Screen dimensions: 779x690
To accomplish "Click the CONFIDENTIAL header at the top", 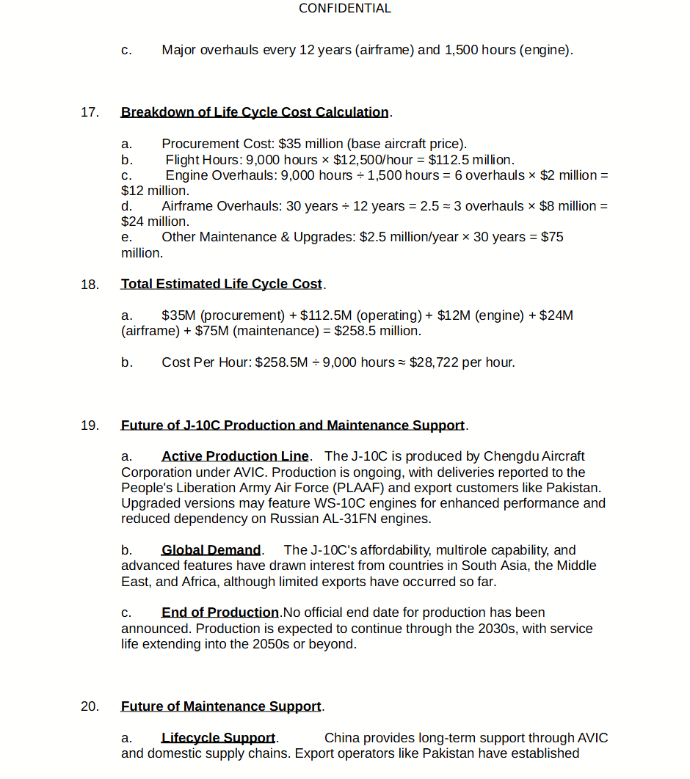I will coord(345,9).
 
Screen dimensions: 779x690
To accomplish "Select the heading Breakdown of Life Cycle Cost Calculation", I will coord(255,112).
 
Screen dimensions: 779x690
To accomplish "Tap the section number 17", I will coord(90,112).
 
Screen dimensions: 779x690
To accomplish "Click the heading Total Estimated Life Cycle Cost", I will coord(222,284).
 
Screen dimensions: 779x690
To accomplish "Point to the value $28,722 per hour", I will coord(462,362).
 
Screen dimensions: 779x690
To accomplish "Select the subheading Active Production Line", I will coord(235,456).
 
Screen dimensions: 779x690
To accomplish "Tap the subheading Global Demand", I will coord(211,550).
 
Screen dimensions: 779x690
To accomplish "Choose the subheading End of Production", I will coord(220,612).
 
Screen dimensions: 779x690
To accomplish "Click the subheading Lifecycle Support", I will coord(218,738).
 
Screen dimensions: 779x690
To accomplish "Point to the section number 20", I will coord(90,706).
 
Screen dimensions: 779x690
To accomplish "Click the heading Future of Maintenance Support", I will coord(221,706).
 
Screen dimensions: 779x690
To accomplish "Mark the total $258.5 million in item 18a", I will coord(377,331).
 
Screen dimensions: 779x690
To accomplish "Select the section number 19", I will coord(90,425).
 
